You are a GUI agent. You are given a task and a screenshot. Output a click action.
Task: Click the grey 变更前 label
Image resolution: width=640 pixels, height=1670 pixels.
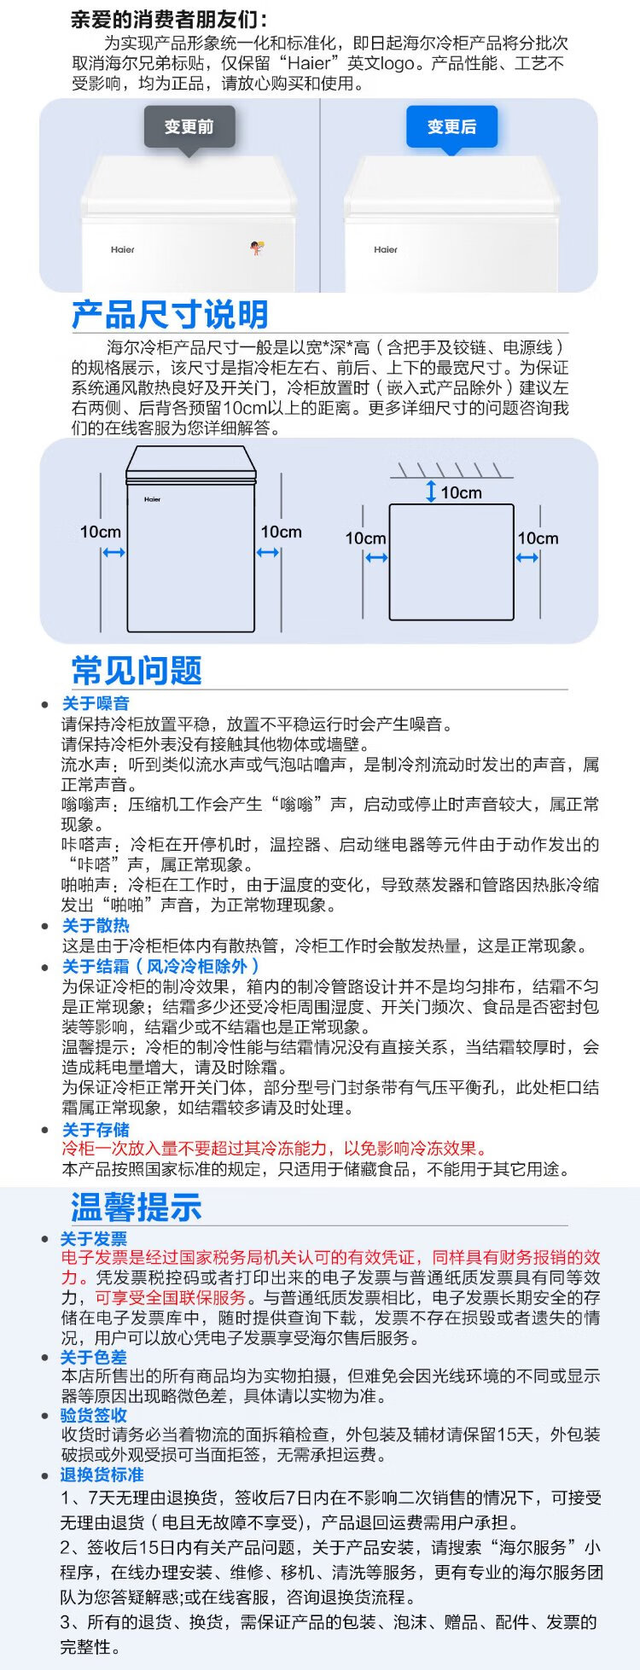point(189,127)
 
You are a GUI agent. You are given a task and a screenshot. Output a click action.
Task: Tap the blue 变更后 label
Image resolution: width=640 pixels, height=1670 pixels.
point(451,127)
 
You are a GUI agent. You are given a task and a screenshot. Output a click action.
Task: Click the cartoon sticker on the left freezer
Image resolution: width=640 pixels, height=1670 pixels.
point(256,248)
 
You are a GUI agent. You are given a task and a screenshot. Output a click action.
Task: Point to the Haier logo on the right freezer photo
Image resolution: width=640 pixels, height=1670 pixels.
point(386,250)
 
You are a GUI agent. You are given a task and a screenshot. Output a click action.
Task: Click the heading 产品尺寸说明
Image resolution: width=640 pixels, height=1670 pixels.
point(170,315)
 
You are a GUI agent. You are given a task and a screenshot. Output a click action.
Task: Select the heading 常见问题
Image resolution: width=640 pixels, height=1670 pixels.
point(137,670)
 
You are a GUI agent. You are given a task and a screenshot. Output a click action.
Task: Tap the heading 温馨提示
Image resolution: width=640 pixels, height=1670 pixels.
point(137,1207)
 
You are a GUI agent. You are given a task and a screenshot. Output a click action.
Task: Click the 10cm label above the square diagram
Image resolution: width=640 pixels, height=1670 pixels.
point(462,492)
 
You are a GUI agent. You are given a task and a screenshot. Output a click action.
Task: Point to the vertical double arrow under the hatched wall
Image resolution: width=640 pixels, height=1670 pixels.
point(431,492)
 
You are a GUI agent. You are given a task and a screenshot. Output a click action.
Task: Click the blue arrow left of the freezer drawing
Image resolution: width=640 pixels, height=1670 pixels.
point(113,553)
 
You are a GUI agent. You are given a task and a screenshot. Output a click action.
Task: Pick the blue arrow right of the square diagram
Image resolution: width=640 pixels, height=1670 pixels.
point(527,558)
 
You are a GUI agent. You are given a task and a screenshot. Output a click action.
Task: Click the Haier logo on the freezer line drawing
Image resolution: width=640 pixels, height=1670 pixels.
point(152,499)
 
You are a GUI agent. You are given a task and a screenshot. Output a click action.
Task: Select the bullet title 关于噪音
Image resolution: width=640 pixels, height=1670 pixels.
point(96,703)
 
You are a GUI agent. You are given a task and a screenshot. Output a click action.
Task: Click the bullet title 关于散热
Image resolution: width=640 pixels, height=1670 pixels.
point(96,926)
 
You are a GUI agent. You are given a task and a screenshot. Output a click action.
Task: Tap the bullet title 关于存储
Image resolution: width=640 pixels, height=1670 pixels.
point(96,1130)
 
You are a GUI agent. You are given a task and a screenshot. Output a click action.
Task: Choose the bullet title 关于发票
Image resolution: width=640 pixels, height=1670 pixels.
point(93,1239)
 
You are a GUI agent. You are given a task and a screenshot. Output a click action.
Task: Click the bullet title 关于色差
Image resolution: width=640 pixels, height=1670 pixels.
point(93,1358)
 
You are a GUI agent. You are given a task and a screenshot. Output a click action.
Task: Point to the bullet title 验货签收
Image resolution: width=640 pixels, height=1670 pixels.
point(93,1416)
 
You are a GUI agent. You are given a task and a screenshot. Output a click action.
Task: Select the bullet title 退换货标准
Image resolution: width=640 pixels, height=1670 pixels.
point(102,1475)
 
